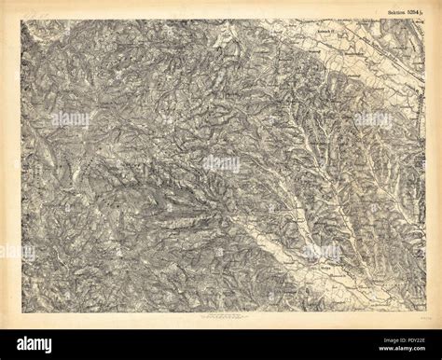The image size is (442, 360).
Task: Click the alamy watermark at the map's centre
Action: (221, 164)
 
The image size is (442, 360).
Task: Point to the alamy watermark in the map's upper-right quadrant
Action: (373, 119)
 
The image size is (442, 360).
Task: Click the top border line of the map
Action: (221, 18)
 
